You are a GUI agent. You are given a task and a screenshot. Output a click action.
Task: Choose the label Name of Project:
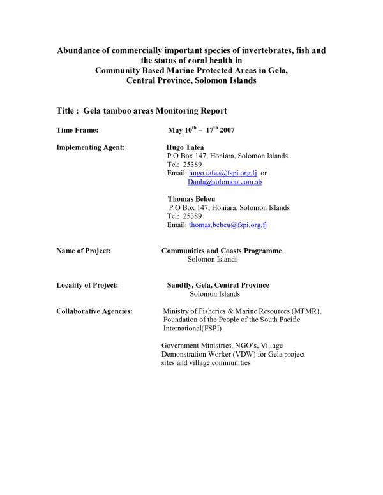click(84, 251)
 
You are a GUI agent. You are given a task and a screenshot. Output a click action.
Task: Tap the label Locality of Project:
click(87, 285)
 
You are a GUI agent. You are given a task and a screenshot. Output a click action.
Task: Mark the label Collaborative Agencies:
click(94, 311)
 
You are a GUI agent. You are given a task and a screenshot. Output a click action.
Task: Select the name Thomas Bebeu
click(191, 199)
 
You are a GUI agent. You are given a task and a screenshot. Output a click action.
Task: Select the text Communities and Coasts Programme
click(222, 251)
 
